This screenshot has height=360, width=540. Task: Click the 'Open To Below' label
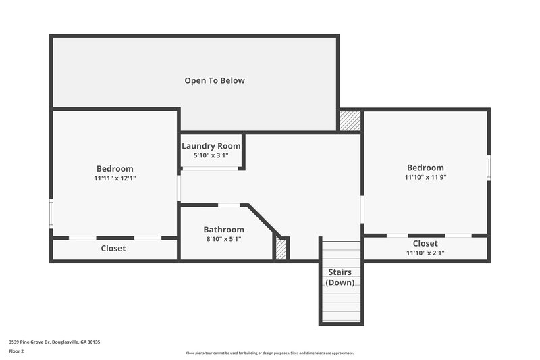point(215,80)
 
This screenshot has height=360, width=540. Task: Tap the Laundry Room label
point(211,145)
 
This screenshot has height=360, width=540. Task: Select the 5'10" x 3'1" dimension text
point(211,155)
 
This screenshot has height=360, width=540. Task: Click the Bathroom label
point(223,230)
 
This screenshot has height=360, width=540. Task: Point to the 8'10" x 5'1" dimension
point(223,239)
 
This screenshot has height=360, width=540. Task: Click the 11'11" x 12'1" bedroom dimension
point(115,178)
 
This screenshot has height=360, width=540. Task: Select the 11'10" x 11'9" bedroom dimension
point(425,178)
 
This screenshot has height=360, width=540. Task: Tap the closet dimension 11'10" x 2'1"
point(425,253)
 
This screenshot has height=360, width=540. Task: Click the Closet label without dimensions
point(113,248)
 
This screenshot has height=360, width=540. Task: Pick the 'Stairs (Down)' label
point(340,277)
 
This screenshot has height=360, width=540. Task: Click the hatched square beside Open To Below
point(350,121)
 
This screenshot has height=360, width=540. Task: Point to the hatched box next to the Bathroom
point(281,249)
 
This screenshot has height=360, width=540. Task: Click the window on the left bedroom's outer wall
point(51,213)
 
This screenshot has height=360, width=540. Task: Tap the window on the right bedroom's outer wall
point(489,167)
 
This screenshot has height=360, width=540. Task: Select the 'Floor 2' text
point(16,351)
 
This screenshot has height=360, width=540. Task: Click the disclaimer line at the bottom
point(269,353)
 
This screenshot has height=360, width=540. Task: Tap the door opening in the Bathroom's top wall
point(229,205)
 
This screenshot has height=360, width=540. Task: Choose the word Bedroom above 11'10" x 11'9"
point(425,168)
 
